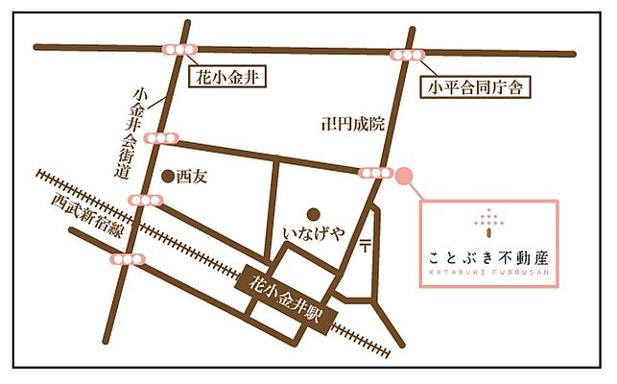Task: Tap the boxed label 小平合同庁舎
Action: click(x=477, y=89)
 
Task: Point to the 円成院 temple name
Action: click(x=359, y=123)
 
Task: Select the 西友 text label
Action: click(x=193, y=177)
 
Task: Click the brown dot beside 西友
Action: click(x=169, y=177)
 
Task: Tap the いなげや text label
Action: click(x=312, y=233)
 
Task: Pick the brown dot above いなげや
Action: click(x=311, y=213)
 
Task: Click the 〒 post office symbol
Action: click(x=366, y=247)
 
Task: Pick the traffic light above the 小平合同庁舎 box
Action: click(x=408, y=55)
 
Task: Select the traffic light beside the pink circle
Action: click(x=374, y=173)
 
